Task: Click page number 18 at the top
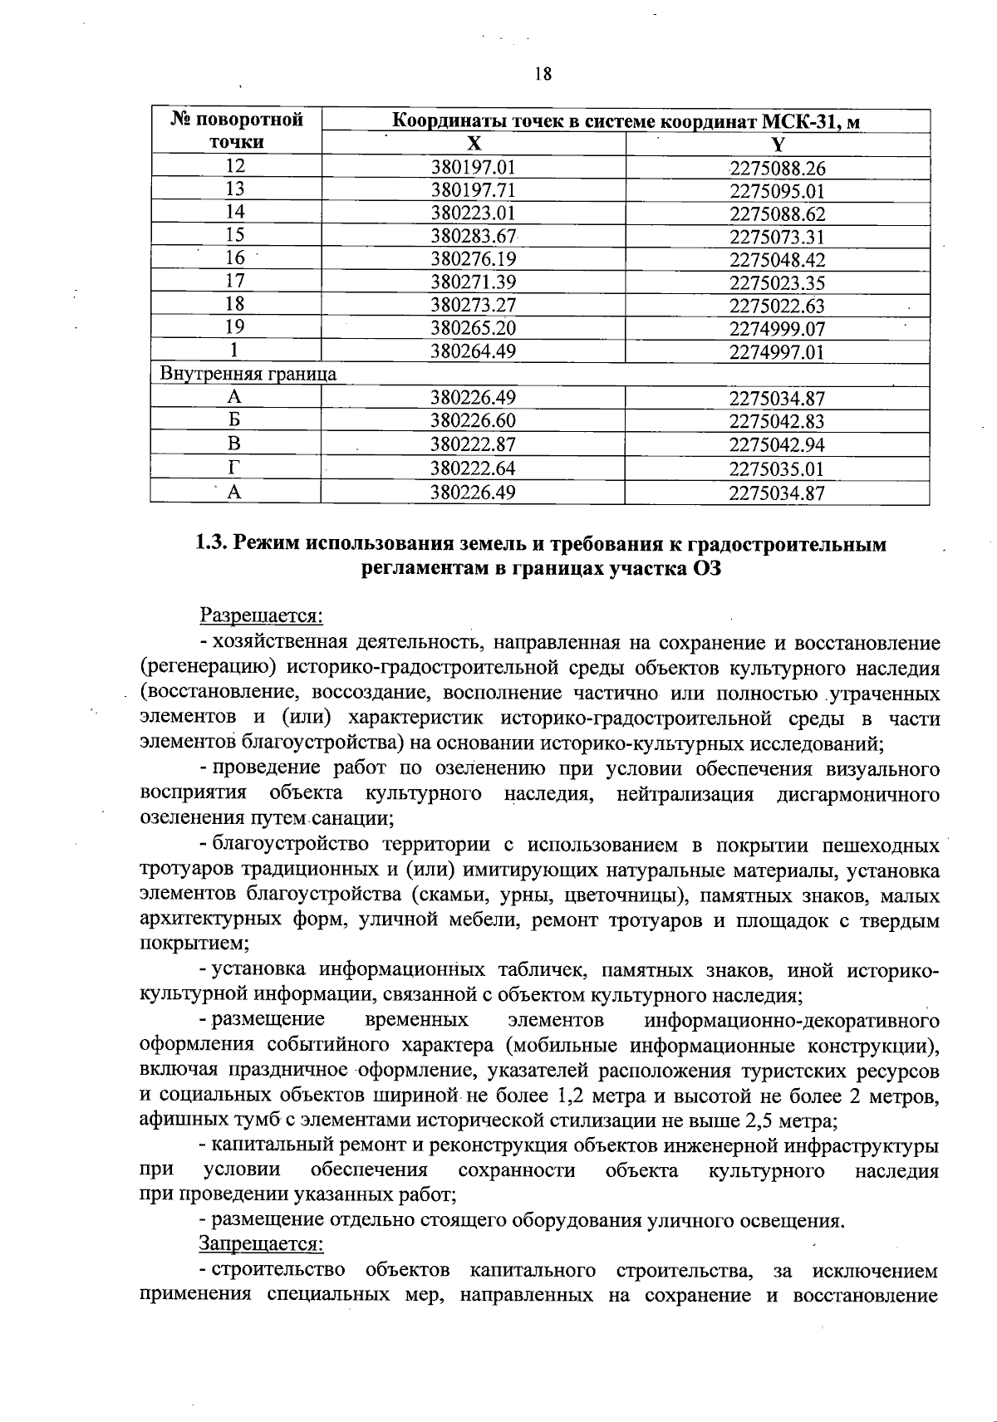(543, 74)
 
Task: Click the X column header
(473, 143)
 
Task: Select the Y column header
(777, 144)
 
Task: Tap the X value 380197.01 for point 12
(473, 167)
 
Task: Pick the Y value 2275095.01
(777, 191)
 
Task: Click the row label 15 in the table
(235, 236)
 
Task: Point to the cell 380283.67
(473, 236)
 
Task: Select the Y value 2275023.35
(777, 282)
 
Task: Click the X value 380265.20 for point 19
(473, 328)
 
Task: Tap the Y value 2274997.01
(777, 351)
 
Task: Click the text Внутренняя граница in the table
(248, 374)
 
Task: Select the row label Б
(235, 421)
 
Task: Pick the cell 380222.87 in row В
(473, 444)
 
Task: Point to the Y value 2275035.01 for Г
(777, 468)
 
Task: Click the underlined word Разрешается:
(260, 616)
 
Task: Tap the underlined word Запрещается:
(259, 1243)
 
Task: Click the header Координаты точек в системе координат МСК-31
(625, 121)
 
